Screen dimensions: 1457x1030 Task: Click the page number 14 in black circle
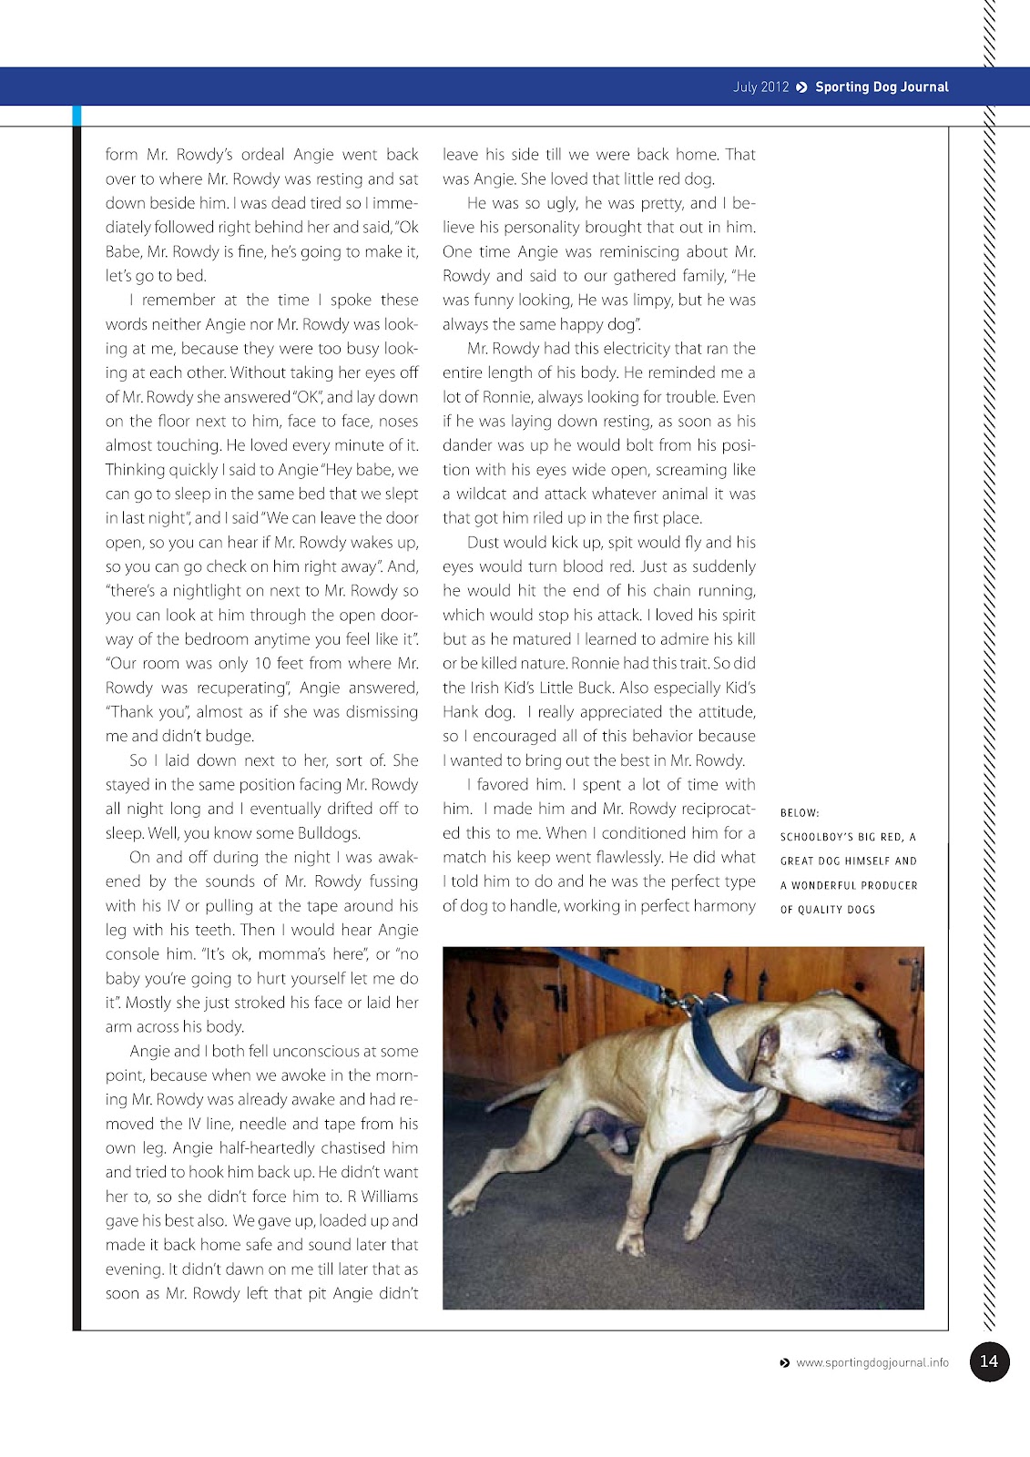click(989, 1361)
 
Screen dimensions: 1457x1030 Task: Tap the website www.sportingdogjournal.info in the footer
click(872, 1363)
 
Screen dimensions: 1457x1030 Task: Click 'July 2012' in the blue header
click(760, 87)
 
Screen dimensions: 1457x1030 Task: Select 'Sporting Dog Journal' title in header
click(882, 87)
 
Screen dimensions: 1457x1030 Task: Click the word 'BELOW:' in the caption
click(800, 813)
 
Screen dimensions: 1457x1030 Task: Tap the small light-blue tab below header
click(77, 116)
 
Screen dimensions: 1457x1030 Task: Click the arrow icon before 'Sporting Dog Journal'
click(801, 87)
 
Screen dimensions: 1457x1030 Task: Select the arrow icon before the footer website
click(785, 1363)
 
